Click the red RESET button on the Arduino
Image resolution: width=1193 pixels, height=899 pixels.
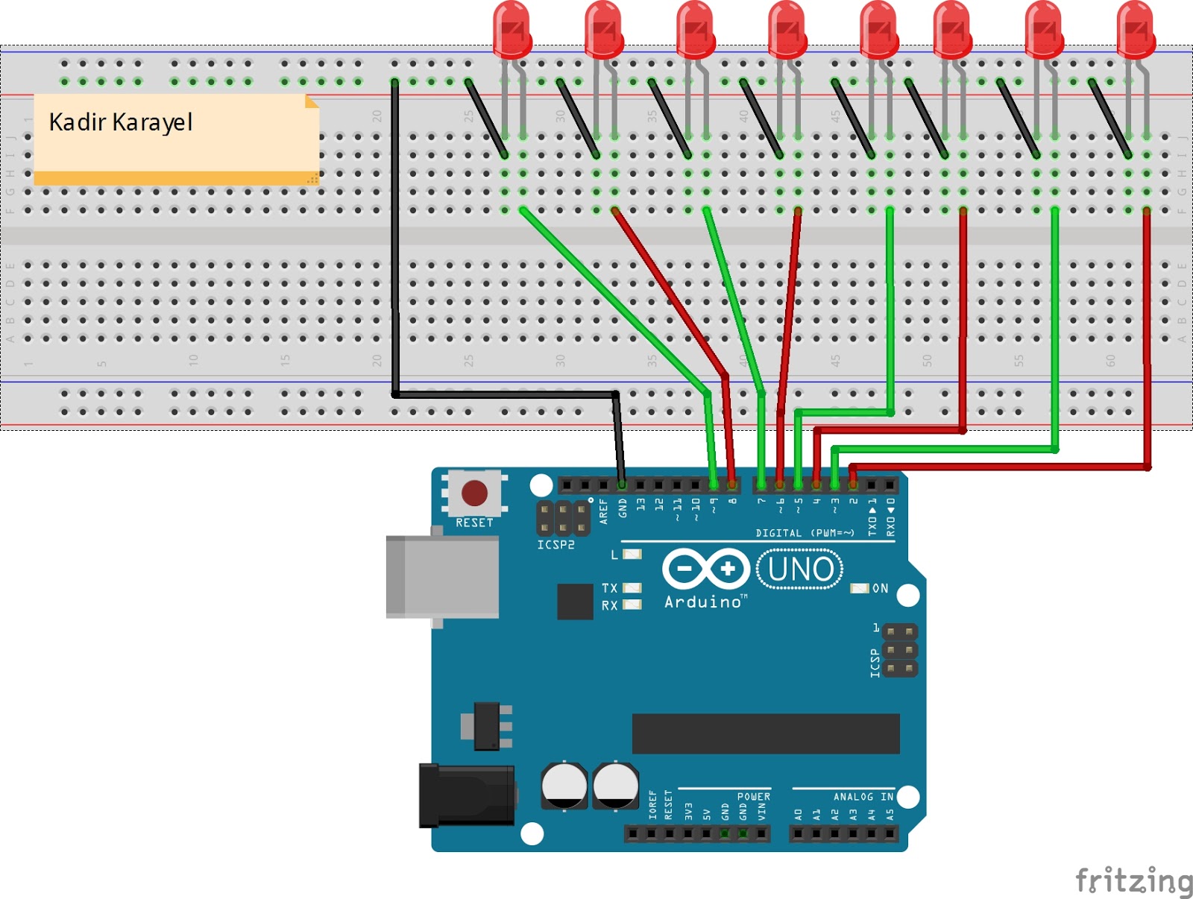[x=475, y=493]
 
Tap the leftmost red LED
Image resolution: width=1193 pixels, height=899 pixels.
[x=512, y=30]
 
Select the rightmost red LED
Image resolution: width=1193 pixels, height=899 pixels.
[x=1136, y=30]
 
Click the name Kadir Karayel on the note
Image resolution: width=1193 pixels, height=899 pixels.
[x=121, y=122]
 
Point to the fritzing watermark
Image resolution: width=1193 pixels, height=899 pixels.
[x=1133, y=880]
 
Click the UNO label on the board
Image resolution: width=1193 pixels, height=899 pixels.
[x=800, y=570]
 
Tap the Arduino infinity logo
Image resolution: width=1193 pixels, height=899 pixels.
[x=705, y=570]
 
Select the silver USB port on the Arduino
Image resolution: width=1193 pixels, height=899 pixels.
[x=442, y=577]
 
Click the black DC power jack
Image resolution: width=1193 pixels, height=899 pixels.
[x=467, y=795]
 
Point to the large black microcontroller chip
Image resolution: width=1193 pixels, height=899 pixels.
[x=766, y=734]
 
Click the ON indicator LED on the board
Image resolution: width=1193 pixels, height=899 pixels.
[x=860, y=588]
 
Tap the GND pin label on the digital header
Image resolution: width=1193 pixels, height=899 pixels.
[x=623, y=509]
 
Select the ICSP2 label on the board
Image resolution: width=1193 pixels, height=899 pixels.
[x=556, y=545]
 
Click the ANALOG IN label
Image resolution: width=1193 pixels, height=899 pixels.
[x=863, y=797]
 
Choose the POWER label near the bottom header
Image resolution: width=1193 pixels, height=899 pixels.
[x=753, y=797]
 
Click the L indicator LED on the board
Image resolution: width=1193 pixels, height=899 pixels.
[x=632, y=554]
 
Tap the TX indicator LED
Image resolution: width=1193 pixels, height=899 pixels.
[x=632, y=588]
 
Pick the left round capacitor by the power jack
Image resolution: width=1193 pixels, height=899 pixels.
[x=564, y=784]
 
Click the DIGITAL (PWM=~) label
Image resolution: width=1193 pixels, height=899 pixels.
[x=805, y=533]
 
